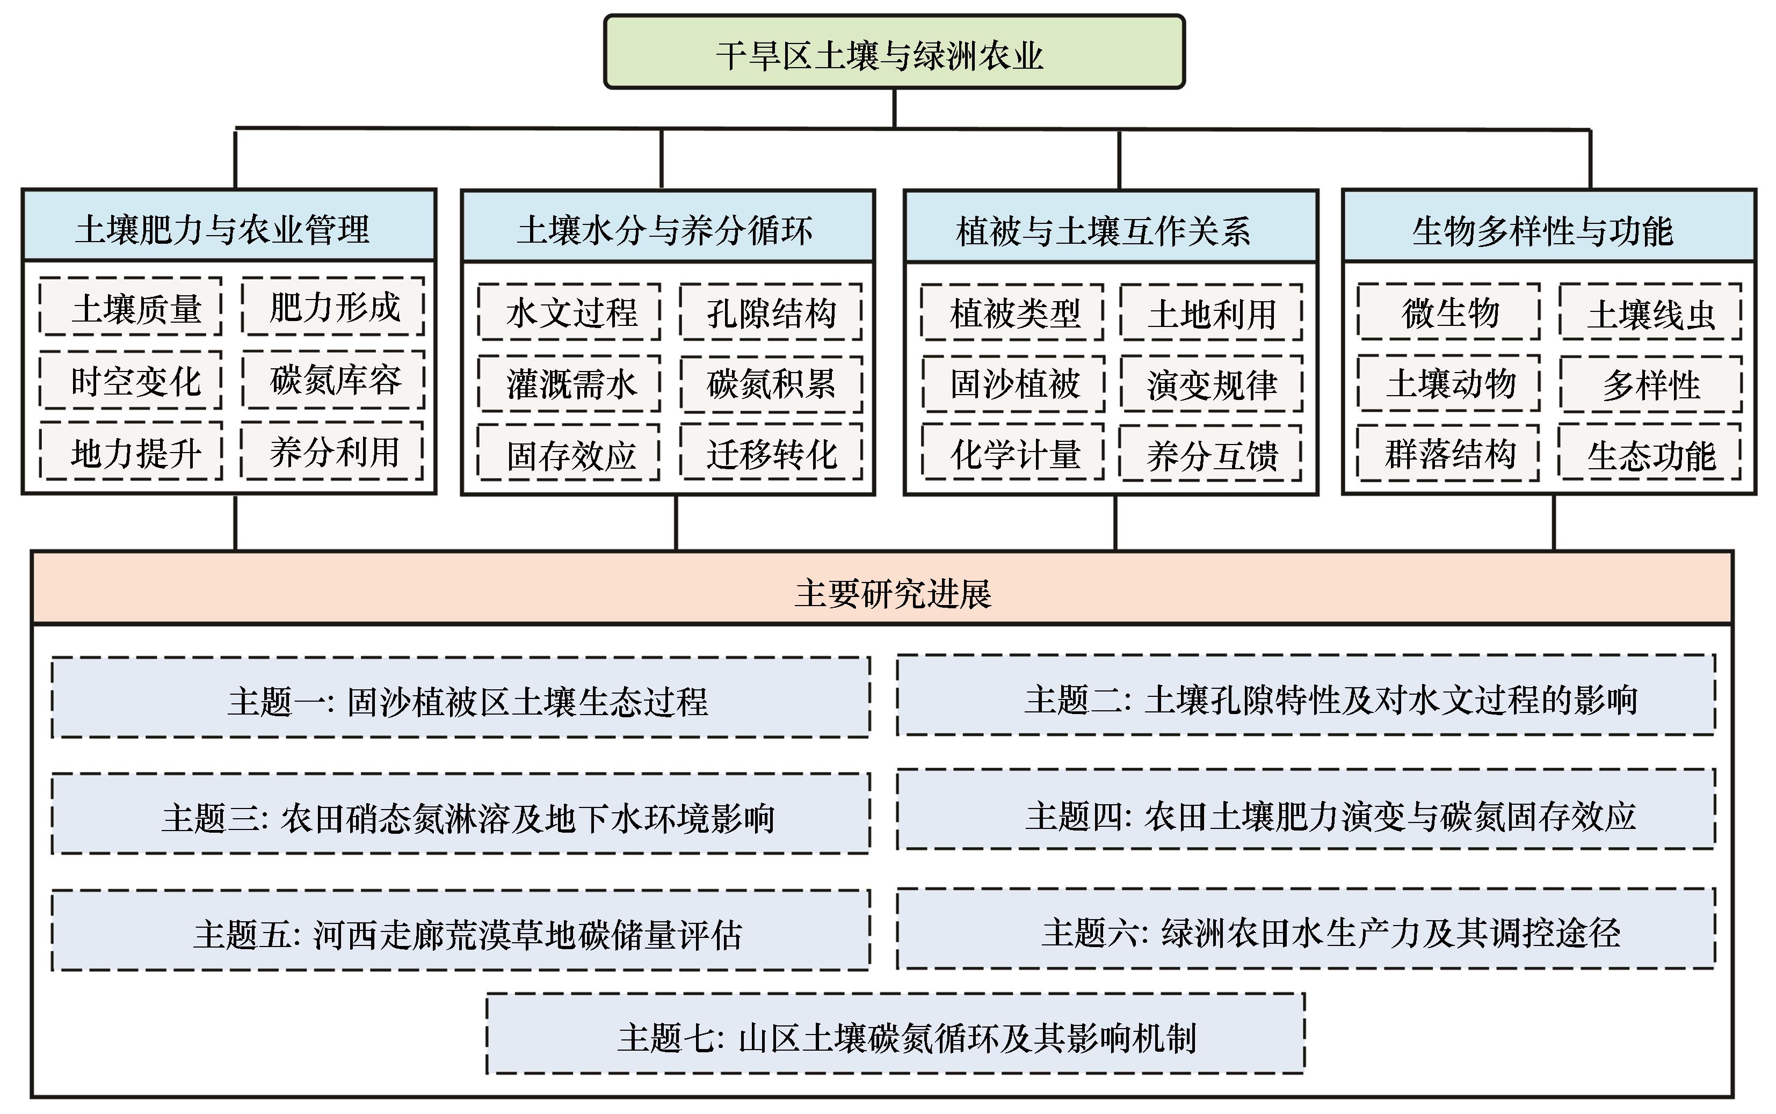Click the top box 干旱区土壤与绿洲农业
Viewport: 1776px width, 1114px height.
pos(894,53)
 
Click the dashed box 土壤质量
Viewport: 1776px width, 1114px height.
pos(131,307)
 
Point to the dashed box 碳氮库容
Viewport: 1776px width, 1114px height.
pos(333,380)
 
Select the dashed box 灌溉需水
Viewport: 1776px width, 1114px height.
pos(569,384)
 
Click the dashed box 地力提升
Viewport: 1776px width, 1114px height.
pos(131,452)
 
